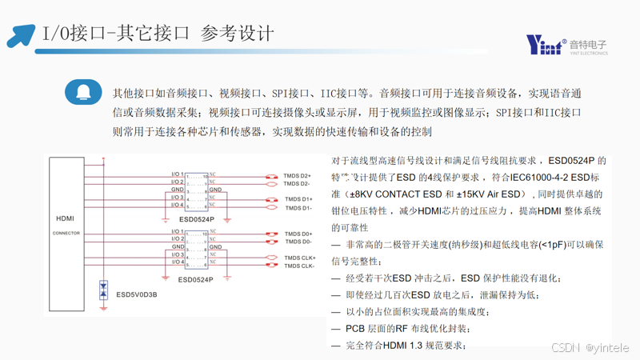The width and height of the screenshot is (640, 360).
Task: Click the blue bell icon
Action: tap(83, 94)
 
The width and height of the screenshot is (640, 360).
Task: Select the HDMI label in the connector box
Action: tap(66, 218)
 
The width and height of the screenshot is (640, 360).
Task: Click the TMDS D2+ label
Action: tap(298, 175)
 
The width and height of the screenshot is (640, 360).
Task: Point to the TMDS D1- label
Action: tap(299, 208)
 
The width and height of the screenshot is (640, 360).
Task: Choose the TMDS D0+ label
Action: tap(298, 234)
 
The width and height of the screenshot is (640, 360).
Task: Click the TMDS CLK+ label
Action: tap(300, 258)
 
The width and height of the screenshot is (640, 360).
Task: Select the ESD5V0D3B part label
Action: tap(137, 294)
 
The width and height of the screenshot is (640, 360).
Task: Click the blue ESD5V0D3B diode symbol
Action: tap(103, 290)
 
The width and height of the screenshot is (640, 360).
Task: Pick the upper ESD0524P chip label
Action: tap(196, 218)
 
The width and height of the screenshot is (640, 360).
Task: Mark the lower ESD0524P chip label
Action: tap(196, 280)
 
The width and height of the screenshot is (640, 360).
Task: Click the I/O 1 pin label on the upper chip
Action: tap(178, 174)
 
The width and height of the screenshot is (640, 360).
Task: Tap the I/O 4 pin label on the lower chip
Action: tap(178, 262)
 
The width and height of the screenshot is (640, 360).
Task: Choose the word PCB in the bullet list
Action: tap(355, 329)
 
